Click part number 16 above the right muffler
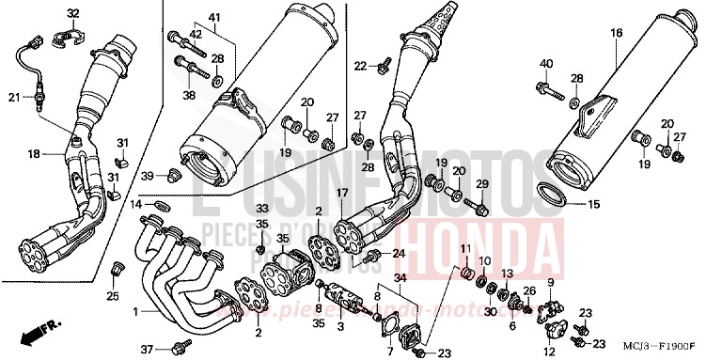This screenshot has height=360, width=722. (617, 33)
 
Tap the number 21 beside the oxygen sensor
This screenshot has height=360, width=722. (14, 97)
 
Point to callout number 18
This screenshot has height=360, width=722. (33, 153)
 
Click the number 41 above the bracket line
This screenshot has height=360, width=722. (213, 19)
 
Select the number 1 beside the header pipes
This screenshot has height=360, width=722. (135, 311)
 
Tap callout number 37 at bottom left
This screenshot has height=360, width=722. (147, 348)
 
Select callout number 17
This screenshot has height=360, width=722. (342, 193)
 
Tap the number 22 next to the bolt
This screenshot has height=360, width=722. (359, 66)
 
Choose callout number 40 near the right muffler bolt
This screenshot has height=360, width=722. (545, 63)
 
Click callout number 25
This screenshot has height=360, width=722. (112, 297)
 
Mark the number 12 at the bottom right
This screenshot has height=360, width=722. (547, 351)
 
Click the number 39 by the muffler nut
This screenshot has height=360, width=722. (147, 177)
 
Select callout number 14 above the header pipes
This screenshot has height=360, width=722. (136, 204)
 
